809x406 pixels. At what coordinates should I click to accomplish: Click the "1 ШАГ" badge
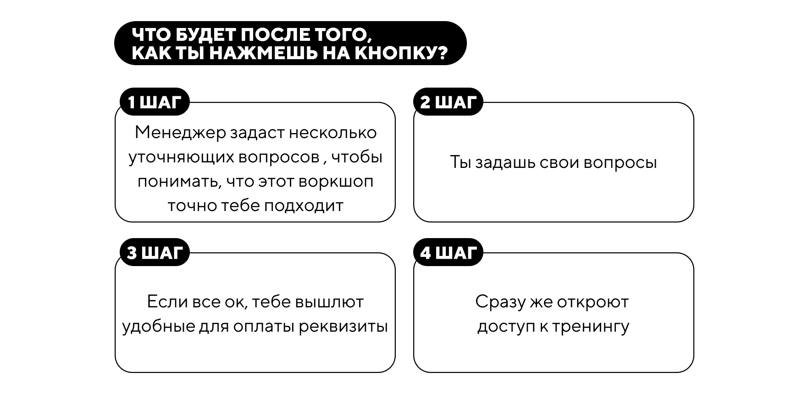pyautogui.click(x=155, y=102)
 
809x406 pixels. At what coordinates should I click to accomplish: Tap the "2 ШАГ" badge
pyautogui.click(x=448, y=102)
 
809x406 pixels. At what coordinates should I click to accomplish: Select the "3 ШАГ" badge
pyautogui.click(x=155, y=252)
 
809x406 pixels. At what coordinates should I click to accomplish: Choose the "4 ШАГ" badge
pyautogui.click(x=448, y=252)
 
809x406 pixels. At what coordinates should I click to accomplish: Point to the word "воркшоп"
pyautogui.click(x=336, y=182)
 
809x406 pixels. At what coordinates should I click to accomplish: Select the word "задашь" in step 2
pyautogui.click(x=504, y=163)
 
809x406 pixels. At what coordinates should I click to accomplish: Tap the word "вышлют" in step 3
pyautogui.click(x=329, y=302)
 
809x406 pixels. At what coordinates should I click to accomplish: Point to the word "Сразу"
pyautogui.click(x=500, y=302)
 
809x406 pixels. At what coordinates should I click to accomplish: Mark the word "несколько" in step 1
pyautogui.click(x=332, y=133)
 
